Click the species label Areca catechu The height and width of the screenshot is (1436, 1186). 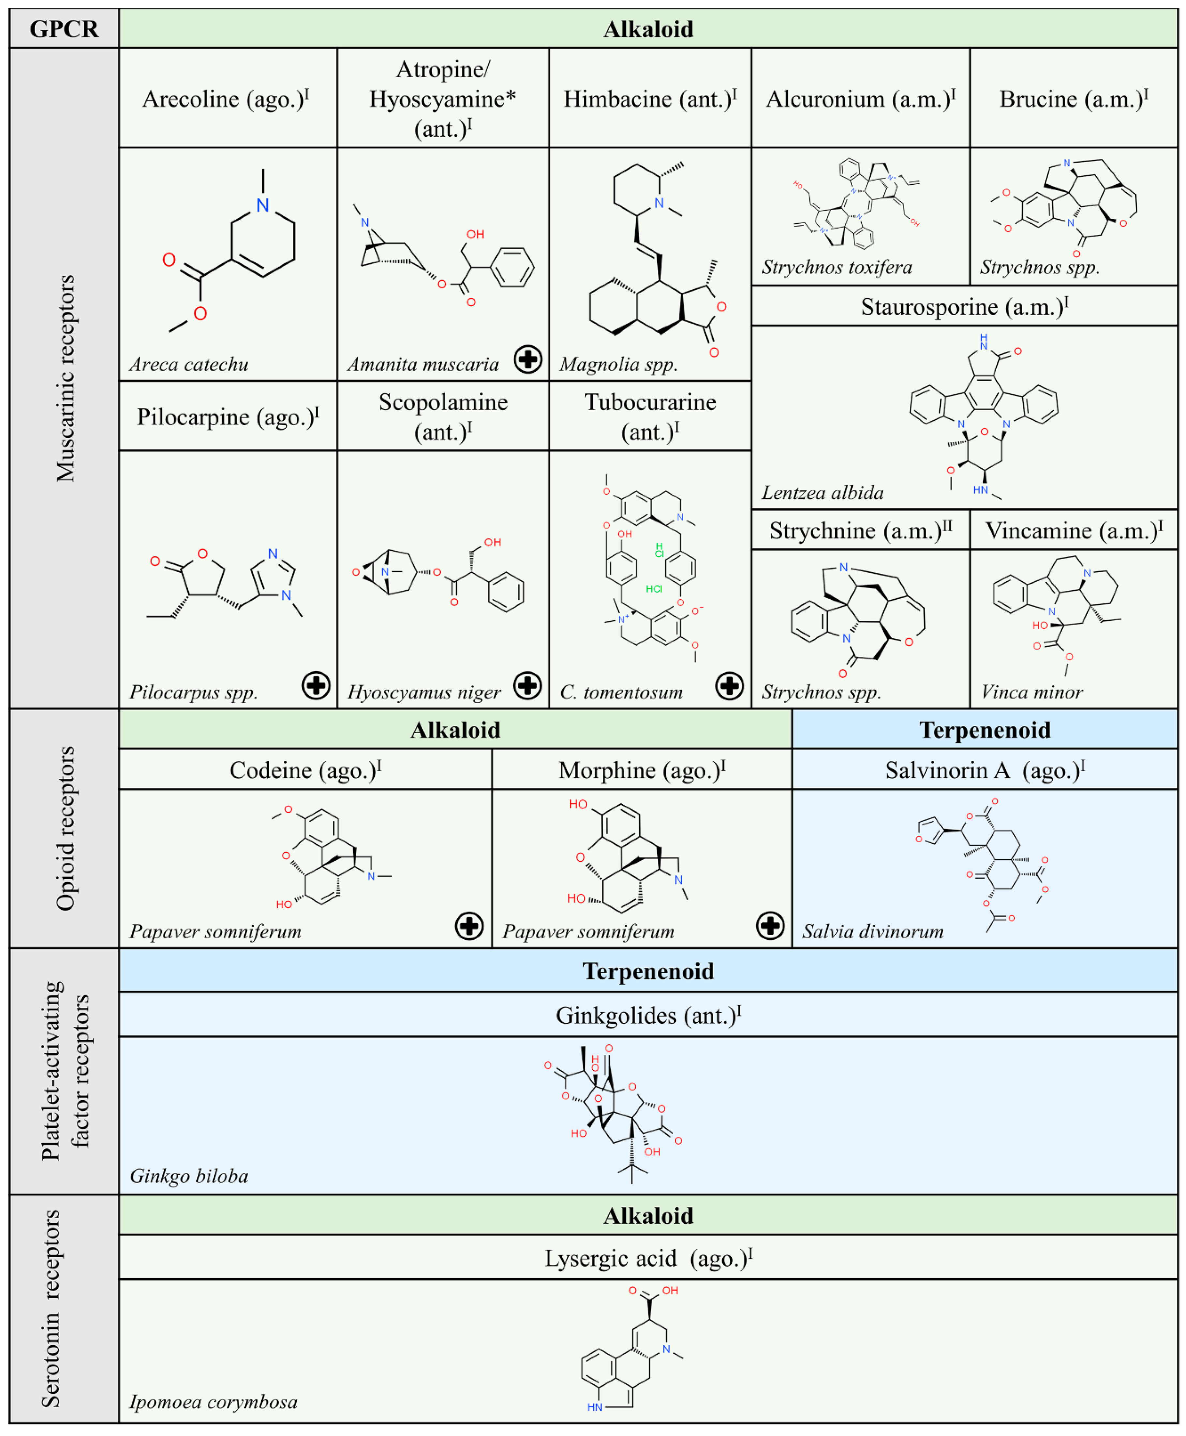point(188,364)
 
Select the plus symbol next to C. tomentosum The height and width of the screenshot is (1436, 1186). point(729,685)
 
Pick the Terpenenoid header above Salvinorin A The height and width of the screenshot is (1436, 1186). point(985,730)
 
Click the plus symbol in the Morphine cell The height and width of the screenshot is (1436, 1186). point(770,926)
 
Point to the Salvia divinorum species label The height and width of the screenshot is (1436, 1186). point(872,931)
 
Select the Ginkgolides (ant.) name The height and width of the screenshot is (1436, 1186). point(648,1015)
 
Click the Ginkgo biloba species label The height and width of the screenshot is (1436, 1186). point(188,1176)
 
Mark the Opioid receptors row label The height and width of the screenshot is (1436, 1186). point(65,828)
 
